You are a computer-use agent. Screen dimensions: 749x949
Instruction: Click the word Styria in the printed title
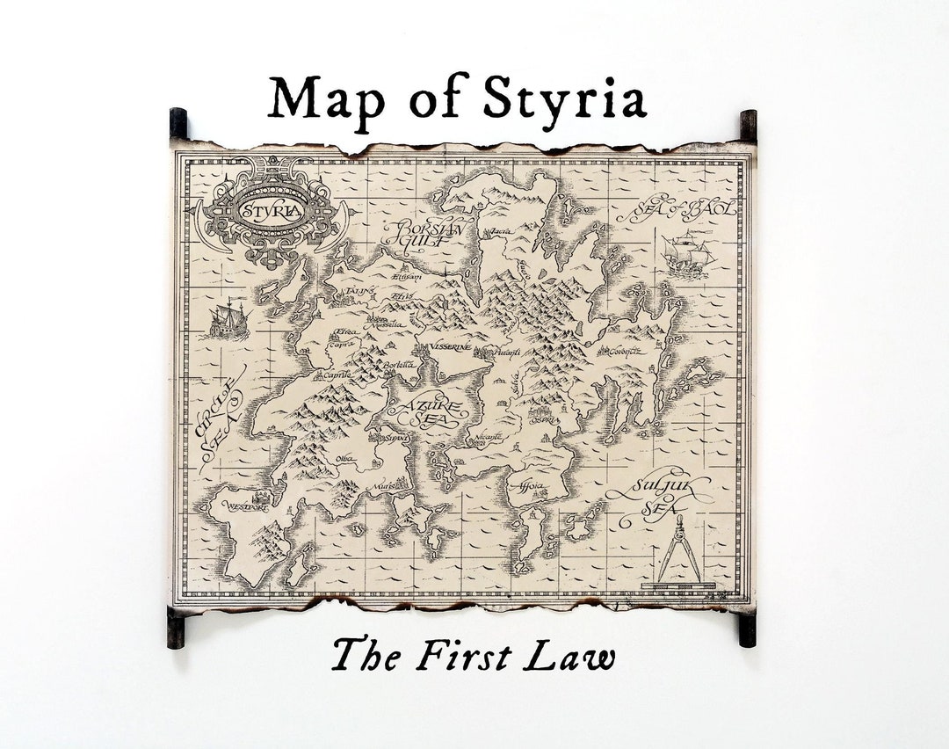pyautogui.click(x=564, y=98)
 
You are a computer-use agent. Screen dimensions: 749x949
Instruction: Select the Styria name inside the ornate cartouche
pyautogui.click(x=272, y=211)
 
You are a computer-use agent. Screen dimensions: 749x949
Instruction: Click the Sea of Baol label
pyautogui.click(x=677, y=211)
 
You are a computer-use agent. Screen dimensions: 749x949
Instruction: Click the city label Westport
pyautogui.click(x=247, y=506)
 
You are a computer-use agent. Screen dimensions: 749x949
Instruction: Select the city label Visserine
pyautogui.click(x=450, y=348)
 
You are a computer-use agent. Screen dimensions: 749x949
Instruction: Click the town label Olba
pyautogui.click(x=344, y=458)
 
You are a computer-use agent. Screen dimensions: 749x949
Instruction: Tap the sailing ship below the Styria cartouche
pyautogui.click(x=228, y=319)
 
